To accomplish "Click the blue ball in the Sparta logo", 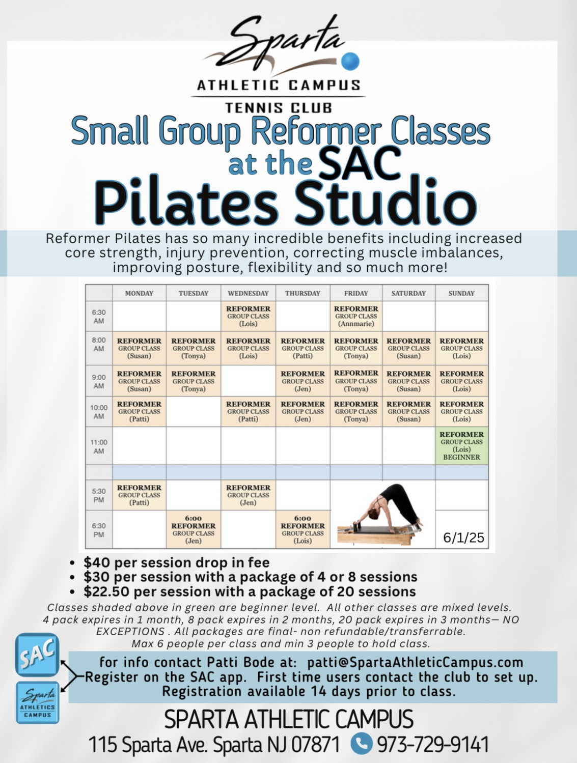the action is point(350,61).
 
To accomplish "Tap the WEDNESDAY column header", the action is point(248,293).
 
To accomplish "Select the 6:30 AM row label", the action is point(99,317).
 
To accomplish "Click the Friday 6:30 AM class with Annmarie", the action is point(356,316).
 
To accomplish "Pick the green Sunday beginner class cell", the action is point(461,445).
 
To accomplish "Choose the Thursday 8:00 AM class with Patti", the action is point(303,348).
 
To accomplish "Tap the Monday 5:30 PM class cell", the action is point(139,495).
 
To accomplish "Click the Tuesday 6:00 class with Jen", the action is point(194,529).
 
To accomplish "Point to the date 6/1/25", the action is point(463,538).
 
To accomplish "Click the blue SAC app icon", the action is point(37,655).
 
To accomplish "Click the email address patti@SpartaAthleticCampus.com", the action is point(415,663).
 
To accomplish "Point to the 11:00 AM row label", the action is point(99,447).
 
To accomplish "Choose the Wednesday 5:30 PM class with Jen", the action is point(248,495).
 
